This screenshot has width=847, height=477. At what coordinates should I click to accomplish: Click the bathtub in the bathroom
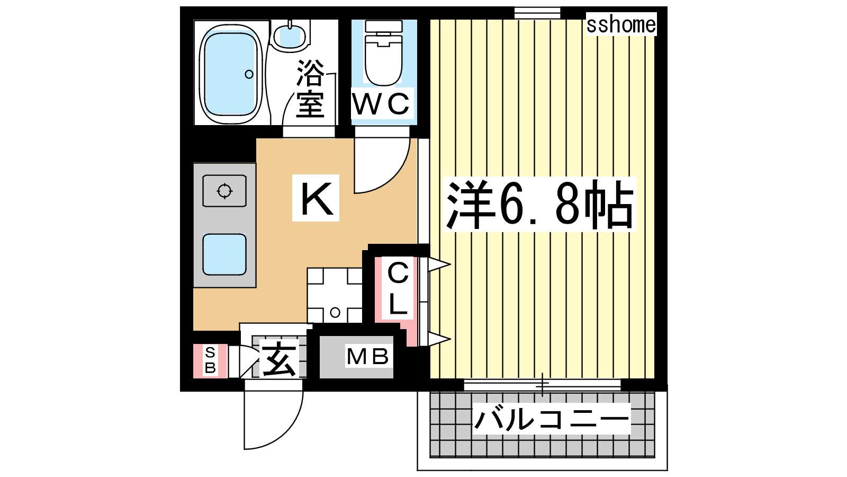click(x=231, y=74)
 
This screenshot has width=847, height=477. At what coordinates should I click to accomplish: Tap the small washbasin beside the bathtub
click(x=290, y=36)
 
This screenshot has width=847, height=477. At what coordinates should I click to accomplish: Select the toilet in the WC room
click(x=383, y=53)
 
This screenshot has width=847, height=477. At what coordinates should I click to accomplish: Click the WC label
click(x=381, y=103)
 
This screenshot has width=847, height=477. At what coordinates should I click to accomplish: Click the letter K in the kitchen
click(x=316, y=198)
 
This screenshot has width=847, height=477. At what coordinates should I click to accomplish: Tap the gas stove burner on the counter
click(x=224, y=191)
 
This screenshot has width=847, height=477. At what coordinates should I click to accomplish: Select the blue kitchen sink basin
click(x=224, y=254)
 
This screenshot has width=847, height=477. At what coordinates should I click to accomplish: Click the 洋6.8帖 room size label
click(x=540, y=205)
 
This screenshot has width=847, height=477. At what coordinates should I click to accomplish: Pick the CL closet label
click(x=398, y=289)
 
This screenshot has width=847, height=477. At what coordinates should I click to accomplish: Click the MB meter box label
click(x=367, y=357)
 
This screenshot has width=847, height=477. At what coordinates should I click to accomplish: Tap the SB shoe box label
click(x=210, y=361)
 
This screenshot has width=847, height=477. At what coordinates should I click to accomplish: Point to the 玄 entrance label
click(x=279, y=358)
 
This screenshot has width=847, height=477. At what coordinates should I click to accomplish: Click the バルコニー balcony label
click(x=551, y=419)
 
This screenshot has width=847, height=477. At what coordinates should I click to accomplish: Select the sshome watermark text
click(x=621, y=24)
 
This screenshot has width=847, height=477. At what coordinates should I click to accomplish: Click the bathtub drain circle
click(x=249, y=74)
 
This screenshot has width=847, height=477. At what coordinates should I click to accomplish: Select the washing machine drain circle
click(x=335, y=313)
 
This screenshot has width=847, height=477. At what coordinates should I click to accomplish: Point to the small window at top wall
click(x=537, y=13)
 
